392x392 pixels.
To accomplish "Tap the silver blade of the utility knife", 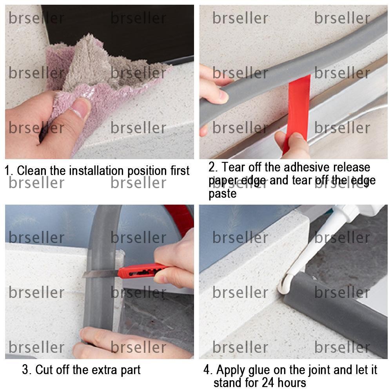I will coord(100,273).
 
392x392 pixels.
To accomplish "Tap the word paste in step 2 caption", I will coord(223,194).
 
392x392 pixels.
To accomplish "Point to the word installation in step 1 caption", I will coord(93,171).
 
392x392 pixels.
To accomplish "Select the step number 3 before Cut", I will coord(26,370).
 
